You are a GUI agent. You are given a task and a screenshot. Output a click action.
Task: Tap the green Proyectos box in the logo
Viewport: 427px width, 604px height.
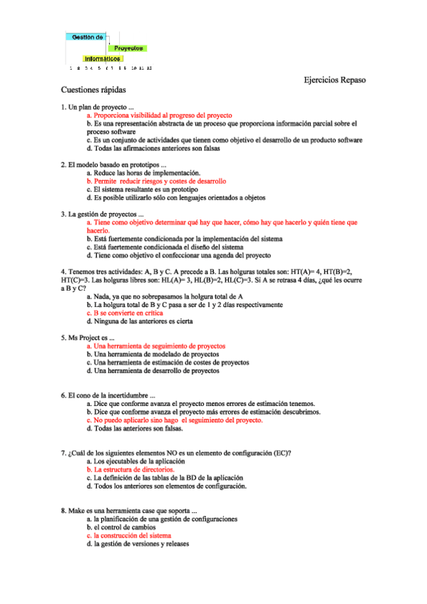[x=128, y=48]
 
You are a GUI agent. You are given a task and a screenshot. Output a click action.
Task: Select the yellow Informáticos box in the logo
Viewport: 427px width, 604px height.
[x=103, y=58]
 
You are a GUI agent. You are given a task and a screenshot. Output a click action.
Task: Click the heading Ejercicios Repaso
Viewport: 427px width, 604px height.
[x=334, y=80]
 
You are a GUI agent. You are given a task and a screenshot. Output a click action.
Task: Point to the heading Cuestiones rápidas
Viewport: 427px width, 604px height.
[x=93, y=91]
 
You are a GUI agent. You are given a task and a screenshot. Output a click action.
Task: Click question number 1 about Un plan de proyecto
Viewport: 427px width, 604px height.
[x=98, y=107]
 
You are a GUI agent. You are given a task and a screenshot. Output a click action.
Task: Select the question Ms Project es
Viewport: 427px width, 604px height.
[x=88, y=338]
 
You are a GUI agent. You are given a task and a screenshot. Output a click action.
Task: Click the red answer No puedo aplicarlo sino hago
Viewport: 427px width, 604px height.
[x=174, y=420]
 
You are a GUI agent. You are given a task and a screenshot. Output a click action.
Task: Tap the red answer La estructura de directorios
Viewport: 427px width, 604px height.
[x=130, y=470]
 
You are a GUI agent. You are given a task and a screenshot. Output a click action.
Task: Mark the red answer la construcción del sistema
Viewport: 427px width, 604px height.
[x=129, y=536]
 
